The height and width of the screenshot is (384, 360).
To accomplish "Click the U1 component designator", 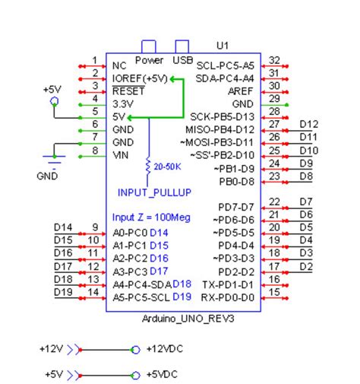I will coord(223,45).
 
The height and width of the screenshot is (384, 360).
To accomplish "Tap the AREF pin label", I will coord(242,90).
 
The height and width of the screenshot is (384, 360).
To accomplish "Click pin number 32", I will coord(275,60).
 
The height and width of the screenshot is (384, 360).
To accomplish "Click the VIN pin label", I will coord(118,155).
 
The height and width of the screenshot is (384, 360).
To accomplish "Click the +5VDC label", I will coord(160,375).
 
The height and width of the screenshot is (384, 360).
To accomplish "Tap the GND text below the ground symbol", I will coord(47,175).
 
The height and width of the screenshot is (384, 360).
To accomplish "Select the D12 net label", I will coord(308,124).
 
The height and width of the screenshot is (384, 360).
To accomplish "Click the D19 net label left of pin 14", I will coord(63,291).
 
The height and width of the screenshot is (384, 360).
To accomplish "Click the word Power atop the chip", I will coord(149,59).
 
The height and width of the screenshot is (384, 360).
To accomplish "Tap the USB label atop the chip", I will coord(182,59).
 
